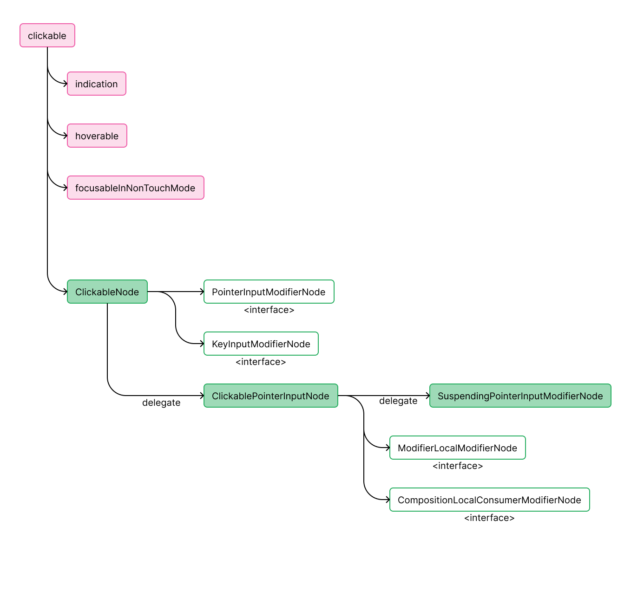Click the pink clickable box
pyautogui.click(x=47, y=36)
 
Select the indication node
pyautogui.click(x=96, y=84)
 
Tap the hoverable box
pyautogui.click(x=97, y=136)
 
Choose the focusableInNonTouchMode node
pyautogui.click(x=135, y=188)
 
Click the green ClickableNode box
pyautogui.click(x=107, y=292)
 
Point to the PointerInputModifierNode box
pyautogui.click(x=269, y=292)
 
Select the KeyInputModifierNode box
pyautogui.click(x=261, y=344)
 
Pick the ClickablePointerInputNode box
pyautogui.click(x=270, y=396)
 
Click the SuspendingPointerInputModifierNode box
pyautogui.click(x=520, y=396)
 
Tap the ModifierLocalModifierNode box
pyautogui.click(x=457, y=448)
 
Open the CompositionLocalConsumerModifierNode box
pyautogui.click(x=489, y=500)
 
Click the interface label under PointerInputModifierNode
pyautogui.click(x=269, y=310)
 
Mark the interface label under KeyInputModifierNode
pyautogui.click(x=261, y=362)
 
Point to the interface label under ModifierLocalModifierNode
pyautogui.click(x=458, y=466)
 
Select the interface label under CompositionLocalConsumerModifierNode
pyautogui.click(x=489, y=518)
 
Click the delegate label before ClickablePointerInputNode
pyautogui.click(x=161, y=403)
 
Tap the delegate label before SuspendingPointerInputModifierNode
pyautogui.click(x=398, y=401)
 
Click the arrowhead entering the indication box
pyautogui.click(x=65, y=84)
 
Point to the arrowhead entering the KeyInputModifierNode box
pyautogui.click(x=202, y=344)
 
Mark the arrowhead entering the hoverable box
pyautogui.click(x=65, y=136)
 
